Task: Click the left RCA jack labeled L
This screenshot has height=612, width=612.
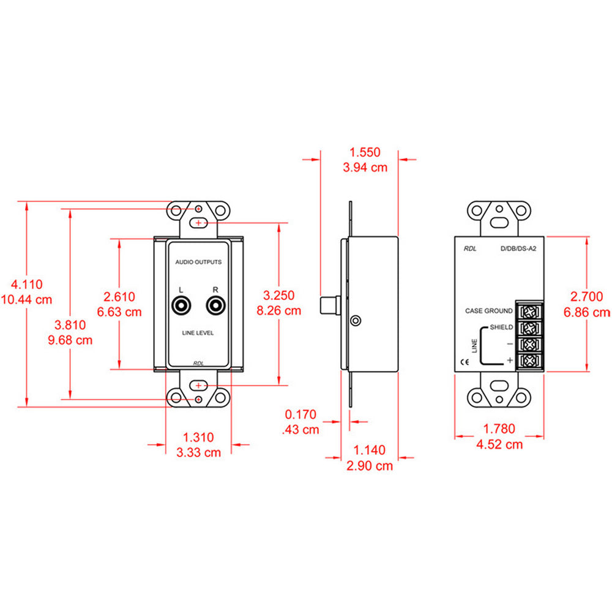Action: pyautogui.click(x=182, y=305)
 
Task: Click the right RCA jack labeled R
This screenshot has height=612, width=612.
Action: pyautogui.click(x=215, y=305)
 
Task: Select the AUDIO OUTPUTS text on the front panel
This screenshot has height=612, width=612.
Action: pyautogui.click(x=198, y=262)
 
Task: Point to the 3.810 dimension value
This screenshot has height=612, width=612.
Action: pyautogui.click(x=70, y=326)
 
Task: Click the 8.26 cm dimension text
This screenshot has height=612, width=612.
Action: pyautogui.click(x=279, y=310)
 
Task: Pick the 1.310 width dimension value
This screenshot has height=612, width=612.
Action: pyautogui.click(x=199, y=438)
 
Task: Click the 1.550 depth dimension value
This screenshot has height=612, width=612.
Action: pyautogui.click(x=365, y=152)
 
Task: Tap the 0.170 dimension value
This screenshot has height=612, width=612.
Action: pyautogui.click(x=301, y=415)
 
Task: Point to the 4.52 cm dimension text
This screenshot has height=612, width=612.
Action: pyautogui.click(x=499, y=444)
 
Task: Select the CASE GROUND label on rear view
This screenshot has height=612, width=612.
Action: pyautogui.click(x=488, y=311)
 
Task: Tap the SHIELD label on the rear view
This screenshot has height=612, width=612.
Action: pyautogui.click(x=501, y=327)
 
